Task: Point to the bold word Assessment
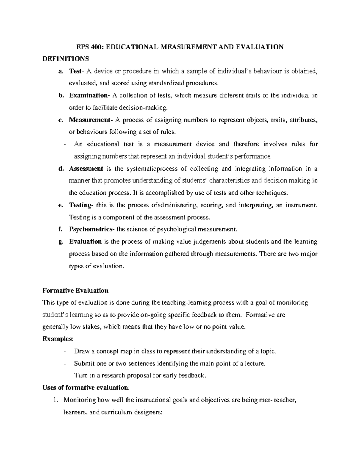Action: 86,169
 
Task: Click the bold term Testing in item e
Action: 81,205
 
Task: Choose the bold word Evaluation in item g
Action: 85,242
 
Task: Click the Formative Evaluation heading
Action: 75,290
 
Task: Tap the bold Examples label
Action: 57,339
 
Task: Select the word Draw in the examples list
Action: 80,351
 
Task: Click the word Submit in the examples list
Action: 83,363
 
